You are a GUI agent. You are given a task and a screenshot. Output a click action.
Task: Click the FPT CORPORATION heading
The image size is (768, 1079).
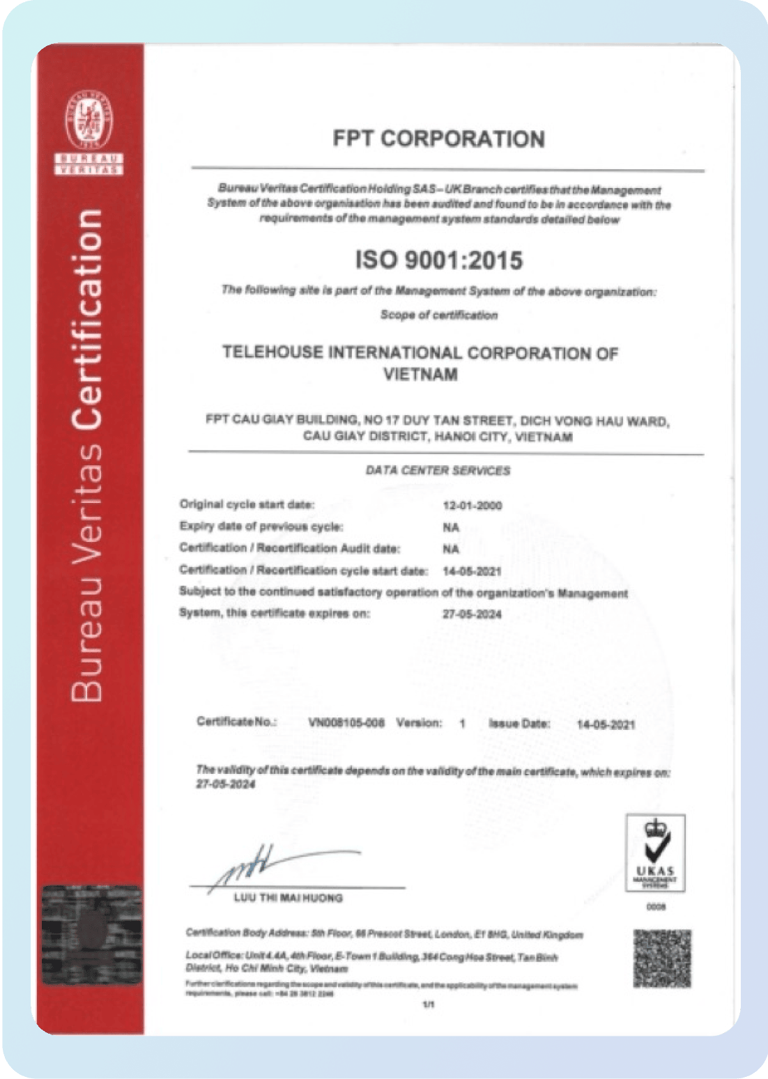click(438, 139)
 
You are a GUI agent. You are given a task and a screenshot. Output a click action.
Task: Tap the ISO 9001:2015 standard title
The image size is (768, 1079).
click(439, 261)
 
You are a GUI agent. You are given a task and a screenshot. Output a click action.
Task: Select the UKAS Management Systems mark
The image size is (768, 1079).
click(655, 853)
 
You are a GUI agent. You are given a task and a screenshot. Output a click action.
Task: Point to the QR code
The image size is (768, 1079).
click(662, 958)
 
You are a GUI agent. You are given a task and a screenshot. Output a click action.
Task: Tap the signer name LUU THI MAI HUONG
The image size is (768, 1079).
click(288, 899)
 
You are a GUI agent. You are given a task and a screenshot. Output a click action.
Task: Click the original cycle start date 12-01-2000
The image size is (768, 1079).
click(472, 506)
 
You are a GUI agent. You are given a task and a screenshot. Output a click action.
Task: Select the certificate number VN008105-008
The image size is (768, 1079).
click(346, 723)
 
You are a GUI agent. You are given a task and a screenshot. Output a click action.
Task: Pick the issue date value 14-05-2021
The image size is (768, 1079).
click(606, 724)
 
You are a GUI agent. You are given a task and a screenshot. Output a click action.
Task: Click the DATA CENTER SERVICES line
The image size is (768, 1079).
click(438, 471)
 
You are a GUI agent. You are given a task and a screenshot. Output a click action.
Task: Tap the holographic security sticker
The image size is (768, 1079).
click(91, 934)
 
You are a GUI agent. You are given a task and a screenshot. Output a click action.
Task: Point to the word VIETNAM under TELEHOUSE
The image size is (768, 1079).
click(420, 375)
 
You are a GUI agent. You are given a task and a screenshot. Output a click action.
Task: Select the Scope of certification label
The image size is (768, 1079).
click(439, 315)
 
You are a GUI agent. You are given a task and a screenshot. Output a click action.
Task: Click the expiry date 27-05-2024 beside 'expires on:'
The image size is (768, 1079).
click(472, 614)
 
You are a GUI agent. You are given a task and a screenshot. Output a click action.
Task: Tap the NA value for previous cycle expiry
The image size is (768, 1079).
click(451, 528)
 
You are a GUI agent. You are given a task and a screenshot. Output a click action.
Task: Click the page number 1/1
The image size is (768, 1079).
click(429, 1005)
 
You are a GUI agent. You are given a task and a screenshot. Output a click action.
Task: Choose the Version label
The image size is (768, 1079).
click(419, 723)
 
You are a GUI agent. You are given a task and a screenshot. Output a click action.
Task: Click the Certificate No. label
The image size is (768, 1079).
click(236, 722)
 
